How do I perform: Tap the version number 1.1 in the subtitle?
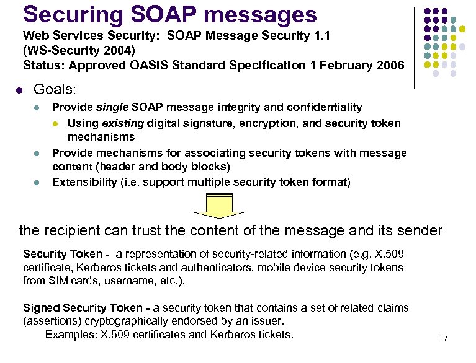tap(320, 37)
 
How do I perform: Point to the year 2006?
tap(390, 64)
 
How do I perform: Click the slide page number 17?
tap(442, 338)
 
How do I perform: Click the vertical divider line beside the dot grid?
tap(415, 48)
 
